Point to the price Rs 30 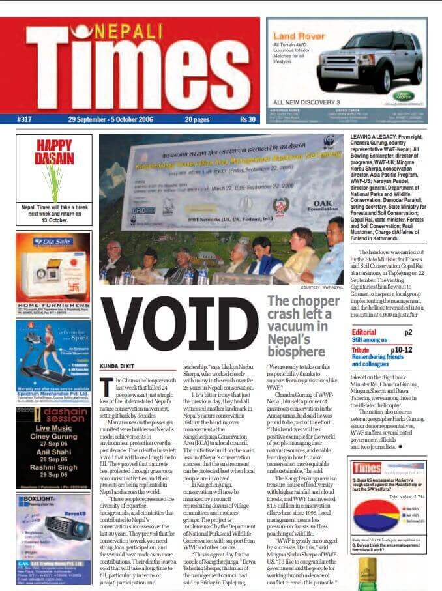tap(247, 119)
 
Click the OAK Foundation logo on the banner tap(321, 207)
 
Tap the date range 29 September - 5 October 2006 tap(114, 119)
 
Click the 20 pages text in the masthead tap(197, 119)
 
